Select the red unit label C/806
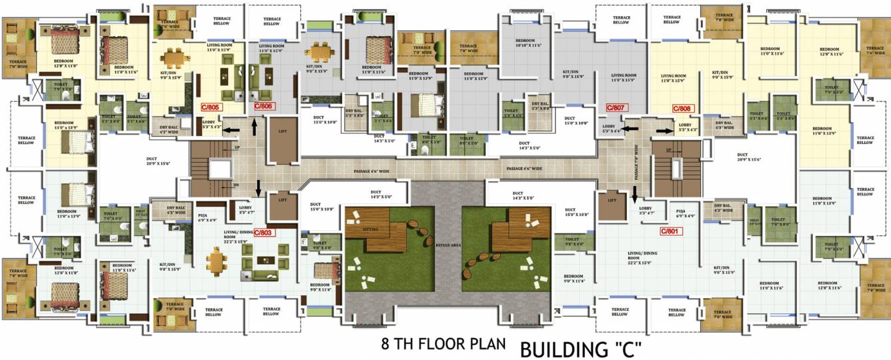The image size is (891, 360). pos(264,107)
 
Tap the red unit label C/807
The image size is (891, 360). pos(615,107)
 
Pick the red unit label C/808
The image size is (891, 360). pos(682,108)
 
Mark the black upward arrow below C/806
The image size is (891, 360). pos(254,127)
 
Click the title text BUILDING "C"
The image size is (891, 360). pos(581,348)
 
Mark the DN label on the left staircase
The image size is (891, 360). pos(235,185)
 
